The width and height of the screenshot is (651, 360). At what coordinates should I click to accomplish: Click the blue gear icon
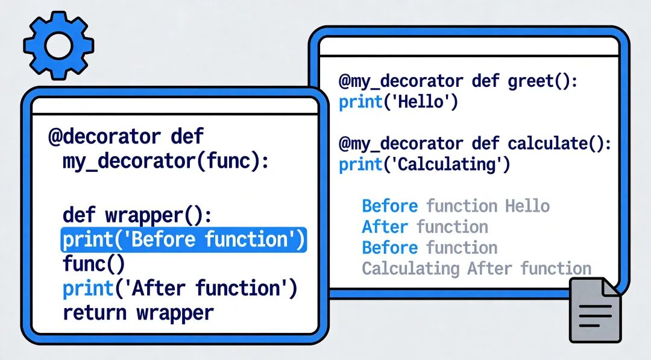click(58, 45)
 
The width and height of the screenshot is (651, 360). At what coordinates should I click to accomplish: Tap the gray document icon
click(595, 310)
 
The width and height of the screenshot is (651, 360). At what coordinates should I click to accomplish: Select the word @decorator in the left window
click(104, 137)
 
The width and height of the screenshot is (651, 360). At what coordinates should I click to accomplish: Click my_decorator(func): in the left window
click(166, 161)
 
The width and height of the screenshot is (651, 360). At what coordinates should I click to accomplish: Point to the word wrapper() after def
click(159, 216)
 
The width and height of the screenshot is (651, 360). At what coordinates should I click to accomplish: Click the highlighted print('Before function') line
click(183, 240)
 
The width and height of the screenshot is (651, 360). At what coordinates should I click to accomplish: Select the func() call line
click(94, 264)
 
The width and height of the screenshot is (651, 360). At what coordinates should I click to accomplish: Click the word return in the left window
click(95, 313)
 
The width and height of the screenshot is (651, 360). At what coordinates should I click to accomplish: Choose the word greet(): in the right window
click(542, 81)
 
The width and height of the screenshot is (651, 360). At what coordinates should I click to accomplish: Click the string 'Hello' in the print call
click(421, 102)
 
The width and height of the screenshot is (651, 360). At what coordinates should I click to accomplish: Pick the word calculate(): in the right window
click(559, 144)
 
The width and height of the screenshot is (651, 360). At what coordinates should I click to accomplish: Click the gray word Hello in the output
click(527, 206)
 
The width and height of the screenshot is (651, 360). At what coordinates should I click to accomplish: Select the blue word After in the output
click(385, 227)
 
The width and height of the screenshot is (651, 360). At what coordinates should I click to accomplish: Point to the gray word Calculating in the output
click(410, 269)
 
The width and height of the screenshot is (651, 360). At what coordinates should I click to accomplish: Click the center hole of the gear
click(58, 45)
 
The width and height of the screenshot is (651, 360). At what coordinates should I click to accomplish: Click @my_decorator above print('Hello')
click(401, 81)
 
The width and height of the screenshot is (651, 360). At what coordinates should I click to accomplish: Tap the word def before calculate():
click(485, 144)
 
